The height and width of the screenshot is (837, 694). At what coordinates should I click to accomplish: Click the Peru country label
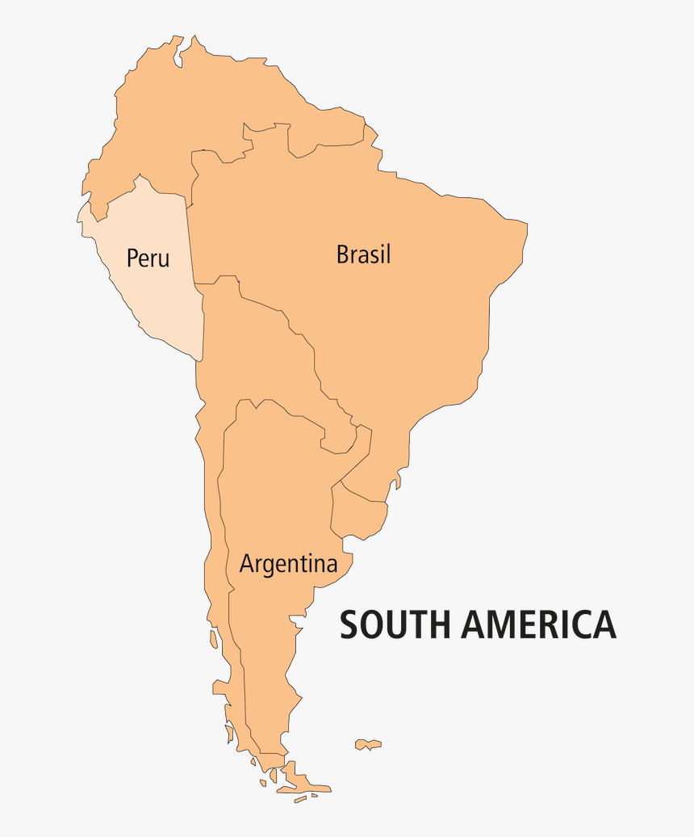pos(148,259)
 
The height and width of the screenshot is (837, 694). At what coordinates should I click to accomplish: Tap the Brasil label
pos(363,254)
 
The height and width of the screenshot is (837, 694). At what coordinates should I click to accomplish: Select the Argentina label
pos(288,563)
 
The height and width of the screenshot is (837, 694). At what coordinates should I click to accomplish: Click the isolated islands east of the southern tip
pos(368,744)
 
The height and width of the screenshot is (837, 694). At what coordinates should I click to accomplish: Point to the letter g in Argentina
pos(273,566)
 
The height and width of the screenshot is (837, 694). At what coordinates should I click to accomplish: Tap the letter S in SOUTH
pos(349,625)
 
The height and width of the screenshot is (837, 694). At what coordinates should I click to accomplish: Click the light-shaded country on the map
pos(149,275)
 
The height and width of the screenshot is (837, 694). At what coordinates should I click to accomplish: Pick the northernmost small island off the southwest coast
pos(214,638)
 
